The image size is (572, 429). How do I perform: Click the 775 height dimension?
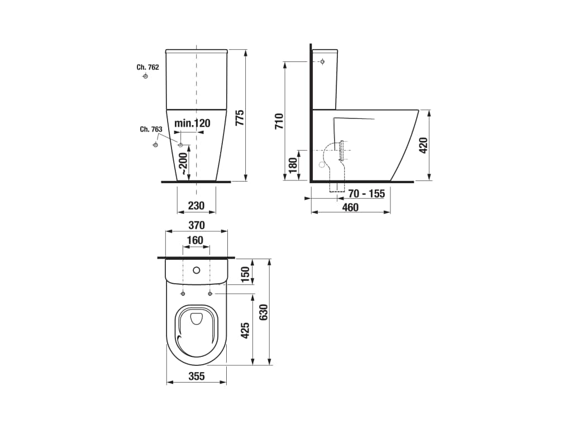point(240,117)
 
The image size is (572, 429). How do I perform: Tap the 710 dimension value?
point(279,121)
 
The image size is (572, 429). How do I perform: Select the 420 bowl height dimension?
point(423,145)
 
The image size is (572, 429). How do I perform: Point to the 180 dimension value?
point(293,165)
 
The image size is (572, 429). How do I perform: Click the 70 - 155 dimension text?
point(366,193)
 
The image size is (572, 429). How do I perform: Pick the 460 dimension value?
point(350,207)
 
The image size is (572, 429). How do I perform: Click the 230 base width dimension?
point(196,206)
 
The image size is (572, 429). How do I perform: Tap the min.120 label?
point(192,123)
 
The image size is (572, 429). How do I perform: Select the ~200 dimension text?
point(183,163)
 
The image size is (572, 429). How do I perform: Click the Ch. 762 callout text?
point(147,67)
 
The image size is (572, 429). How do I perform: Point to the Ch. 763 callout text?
point(151,130)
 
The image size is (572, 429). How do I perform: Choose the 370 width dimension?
point(196,225)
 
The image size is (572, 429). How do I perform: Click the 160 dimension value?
point(195,240)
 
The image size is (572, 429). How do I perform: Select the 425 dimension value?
point(245,330)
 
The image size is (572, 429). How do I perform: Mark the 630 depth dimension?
point(264,312)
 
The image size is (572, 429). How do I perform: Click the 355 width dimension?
point(197,376)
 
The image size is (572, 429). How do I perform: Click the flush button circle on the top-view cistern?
point(197,270)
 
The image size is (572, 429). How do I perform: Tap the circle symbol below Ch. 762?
point(145,76)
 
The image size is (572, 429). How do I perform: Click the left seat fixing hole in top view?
point(183,294)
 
